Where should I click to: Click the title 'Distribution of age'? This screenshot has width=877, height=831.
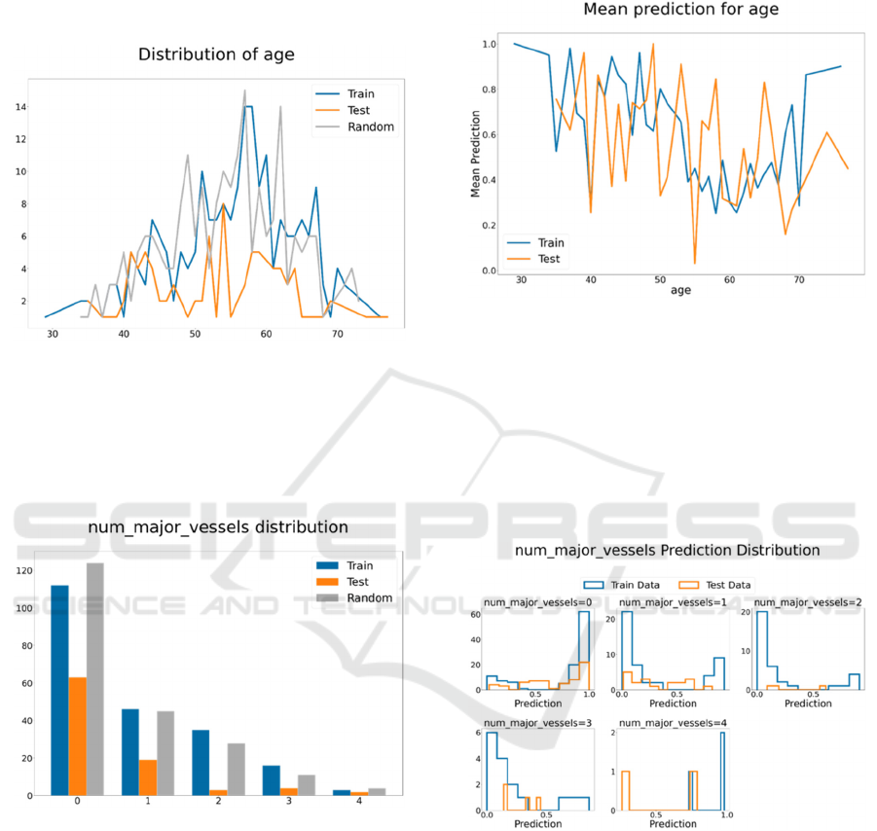(x=216, y=54)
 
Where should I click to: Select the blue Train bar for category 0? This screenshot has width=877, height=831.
(x=60, y=690)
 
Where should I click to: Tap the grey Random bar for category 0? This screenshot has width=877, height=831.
(x=94, y=679)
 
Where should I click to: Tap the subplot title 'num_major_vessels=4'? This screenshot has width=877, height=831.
(x=673, y=723)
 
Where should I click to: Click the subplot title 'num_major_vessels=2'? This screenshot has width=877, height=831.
(x=809, y=602)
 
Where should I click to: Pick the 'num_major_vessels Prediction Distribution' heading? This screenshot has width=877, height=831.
(x=667, y=551)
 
